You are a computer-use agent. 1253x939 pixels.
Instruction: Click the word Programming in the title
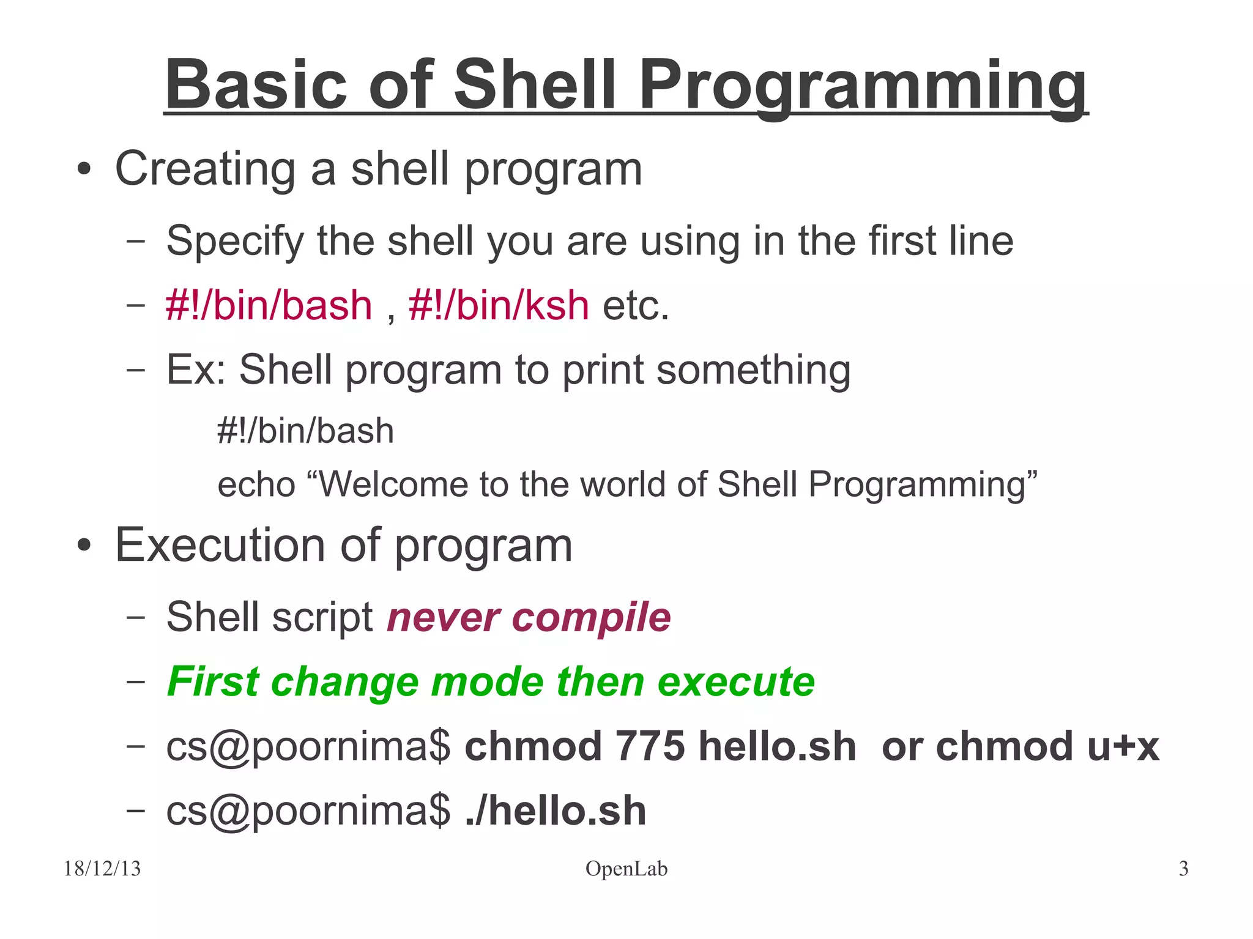coord(863,86)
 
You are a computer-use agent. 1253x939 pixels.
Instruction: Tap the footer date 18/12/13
coord(102,869)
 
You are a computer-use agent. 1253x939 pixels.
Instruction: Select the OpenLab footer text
coord(626,869)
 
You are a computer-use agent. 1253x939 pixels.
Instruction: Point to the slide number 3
coord(1183,869)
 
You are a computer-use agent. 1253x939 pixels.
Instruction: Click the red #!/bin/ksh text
coord(499,305)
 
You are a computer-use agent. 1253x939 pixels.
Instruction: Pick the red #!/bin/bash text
coord(269,305)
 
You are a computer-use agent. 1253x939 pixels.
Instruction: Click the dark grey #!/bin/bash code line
coord(305,431)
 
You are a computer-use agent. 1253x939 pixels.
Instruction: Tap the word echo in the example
coord(256,484)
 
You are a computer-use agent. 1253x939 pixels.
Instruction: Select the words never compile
coord(529,617)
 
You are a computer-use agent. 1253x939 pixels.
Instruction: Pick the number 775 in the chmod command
coord(650,746)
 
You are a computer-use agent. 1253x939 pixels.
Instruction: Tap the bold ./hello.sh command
coord(556,811)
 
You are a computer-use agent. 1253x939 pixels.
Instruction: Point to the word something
coord(753,371)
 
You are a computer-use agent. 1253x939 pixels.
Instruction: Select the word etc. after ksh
coord(636,305)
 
